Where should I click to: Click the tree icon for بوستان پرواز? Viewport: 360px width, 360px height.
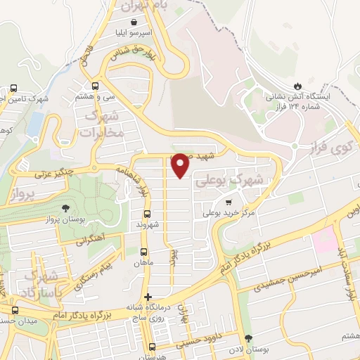pos(65,208)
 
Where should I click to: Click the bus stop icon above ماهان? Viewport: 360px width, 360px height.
pos(143,252)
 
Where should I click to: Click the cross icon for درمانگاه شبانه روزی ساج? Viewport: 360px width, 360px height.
pos(148,296)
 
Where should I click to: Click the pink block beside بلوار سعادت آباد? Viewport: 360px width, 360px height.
pos(326,241)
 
